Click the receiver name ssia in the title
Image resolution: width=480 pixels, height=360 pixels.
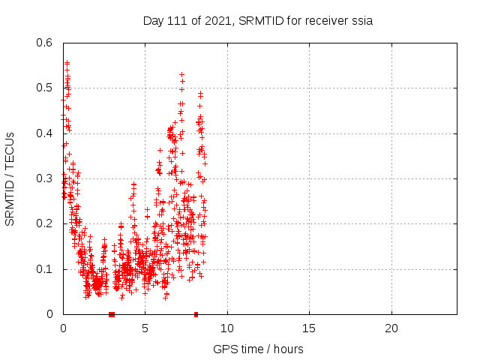click(x=360, y=21)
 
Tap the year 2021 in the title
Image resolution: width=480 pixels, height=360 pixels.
click(x=214, y=21)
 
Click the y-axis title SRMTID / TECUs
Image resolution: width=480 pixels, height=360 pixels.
click(x=10, y=178)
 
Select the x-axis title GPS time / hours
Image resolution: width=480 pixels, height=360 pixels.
click(x=258, y=349)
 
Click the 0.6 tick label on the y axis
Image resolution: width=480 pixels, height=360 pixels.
click(x=47, y=43)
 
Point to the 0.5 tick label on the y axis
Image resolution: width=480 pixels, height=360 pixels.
click(x=47, y=88)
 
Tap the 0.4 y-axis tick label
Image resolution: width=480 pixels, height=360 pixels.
click(x=47, y=133)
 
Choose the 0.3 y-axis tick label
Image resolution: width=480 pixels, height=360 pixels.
click(x=47, y=178)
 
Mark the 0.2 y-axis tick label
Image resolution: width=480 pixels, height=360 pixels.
click(x=47, y=223)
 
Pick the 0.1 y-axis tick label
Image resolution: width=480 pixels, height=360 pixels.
click(x=47, y=268)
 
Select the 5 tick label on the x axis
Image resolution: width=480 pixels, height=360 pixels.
click(x=145, y=328)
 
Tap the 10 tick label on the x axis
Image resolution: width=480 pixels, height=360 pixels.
click(x=226, y=328)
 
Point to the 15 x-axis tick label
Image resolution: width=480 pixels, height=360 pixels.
click(x=308, y=328)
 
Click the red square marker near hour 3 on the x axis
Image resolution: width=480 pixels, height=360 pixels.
click(x=112, y=314)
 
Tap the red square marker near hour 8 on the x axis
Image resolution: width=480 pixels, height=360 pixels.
click(x=196, y=314)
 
